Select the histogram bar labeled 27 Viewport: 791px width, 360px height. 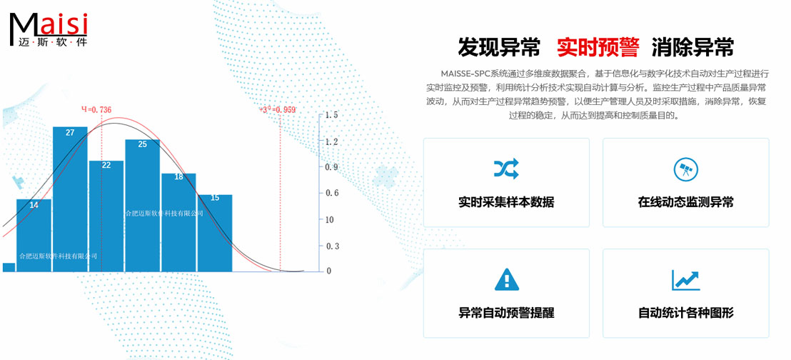click(70, 200)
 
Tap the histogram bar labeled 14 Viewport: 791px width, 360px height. click(34, 236)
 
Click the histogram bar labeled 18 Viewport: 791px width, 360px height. click(178, 222)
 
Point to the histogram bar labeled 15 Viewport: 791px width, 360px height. click(215, 233)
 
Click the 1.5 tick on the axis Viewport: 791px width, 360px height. click(331, 115)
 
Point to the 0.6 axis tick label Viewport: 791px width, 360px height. click(331, 194)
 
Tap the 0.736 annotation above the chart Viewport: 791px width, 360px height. click(96, 109)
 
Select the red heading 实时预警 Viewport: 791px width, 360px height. click(598, 48)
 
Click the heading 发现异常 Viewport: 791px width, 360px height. click(499, 48)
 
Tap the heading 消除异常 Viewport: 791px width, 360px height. click(692, 48)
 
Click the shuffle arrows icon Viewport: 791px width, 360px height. click(506, 169)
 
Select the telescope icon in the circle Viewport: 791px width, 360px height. click(685, 169)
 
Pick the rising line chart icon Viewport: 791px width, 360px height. click(685, 279)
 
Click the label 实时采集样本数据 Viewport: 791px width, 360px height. click(506, 202)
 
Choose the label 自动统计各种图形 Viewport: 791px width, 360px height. click(685, 313)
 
